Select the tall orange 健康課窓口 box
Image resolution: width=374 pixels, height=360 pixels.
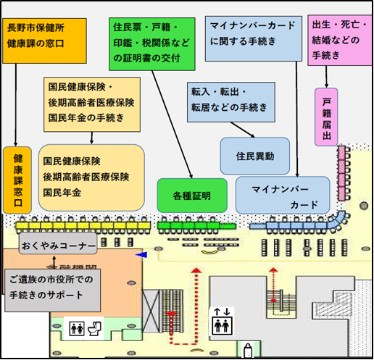point(17,179)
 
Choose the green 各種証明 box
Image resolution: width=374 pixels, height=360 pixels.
point(191,196)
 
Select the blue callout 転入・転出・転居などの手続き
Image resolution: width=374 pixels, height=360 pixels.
point(230,100)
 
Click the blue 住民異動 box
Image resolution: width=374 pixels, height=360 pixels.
point(254,156)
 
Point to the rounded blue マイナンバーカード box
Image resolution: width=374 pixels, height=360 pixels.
point(283,196)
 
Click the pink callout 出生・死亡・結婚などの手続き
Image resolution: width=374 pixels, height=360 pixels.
point(335,38)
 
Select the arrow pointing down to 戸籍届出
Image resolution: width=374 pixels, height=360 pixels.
point(327,76)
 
